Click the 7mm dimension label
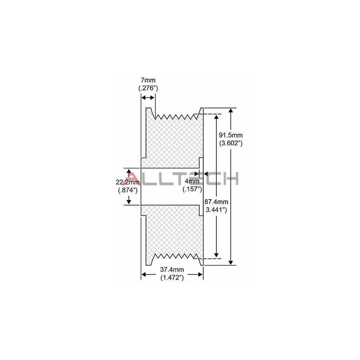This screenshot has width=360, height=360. pyautogui.click(x=148, y=80)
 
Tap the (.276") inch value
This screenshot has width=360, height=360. pyautogui.click(x=148, y=88)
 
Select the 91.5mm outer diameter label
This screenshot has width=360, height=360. pyautogui.click(x=231, y=135)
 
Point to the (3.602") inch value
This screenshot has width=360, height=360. pyautogui.click(x=231, y=143)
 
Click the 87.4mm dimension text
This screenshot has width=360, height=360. pyautogui.click(x=216, y=202)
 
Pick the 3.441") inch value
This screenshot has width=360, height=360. pyautogui.click(x=216, y=210)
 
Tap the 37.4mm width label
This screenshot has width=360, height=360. pyautogui.click(x=172, y=269)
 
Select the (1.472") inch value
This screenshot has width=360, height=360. pyautogui.click(x=172, y=278)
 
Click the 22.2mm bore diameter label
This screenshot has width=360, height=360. pyautogui.click(x=128, y=182)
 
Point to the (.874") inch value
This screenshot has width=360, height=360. pyautogui.click(x=128, y=190)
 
